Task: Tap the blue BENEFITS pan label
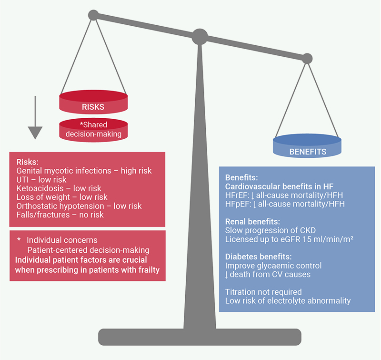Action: (x=307, y=152)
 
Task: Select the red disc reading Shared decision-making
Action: (x=93, y=130)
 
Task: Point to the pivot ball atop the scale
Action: (x=200, y=35)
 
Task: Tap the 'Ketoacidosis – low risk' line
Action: (x=59, y=188)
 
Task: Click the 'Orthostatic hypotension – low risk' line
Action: (x=79, y=206)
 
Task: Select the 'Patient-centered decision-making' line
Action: (x=88, y=249)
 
